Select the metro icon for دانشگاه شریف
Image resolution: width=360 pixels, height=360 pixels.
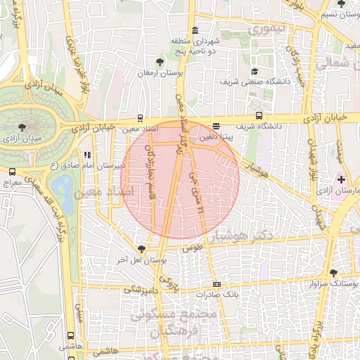259,116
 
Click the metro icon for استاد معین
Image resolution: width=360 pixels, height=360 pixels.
141,118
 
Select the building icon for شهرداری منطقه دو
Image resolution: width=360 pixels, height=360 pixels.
194,30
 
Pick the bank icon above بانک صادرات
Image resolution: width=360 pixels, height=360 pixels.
216,284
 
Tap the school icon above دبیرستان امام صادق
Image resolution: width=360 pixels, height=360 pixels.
87,155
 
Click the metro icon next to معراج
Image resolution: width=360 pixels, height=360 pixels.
12,172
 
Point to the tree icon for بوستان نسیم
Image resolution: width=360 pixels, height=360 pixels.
341,4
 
